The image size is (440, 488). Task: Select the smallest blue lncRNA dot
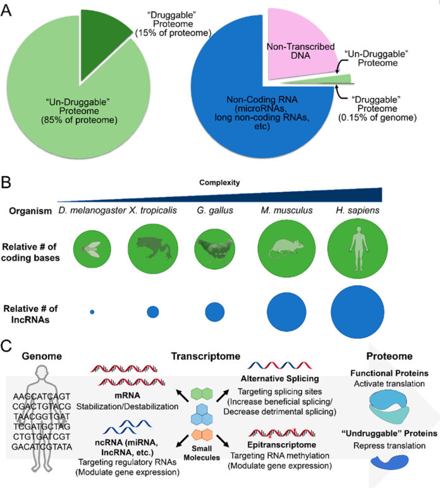click(x=92, y=312)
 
